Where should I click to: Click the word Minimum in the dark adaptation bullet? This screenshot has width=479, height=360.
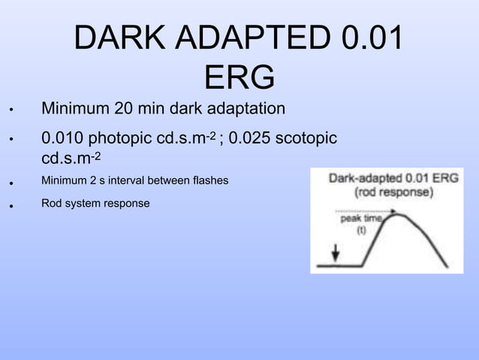coord(74,109)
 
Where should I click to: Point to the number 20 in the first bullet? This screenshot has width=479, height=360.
coord(125,109)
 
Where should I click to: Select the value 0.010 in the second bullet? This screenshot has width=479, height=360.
coord(62,139)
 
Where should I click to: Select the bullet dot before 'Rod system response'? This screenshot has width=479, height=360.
coord(11,204)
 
